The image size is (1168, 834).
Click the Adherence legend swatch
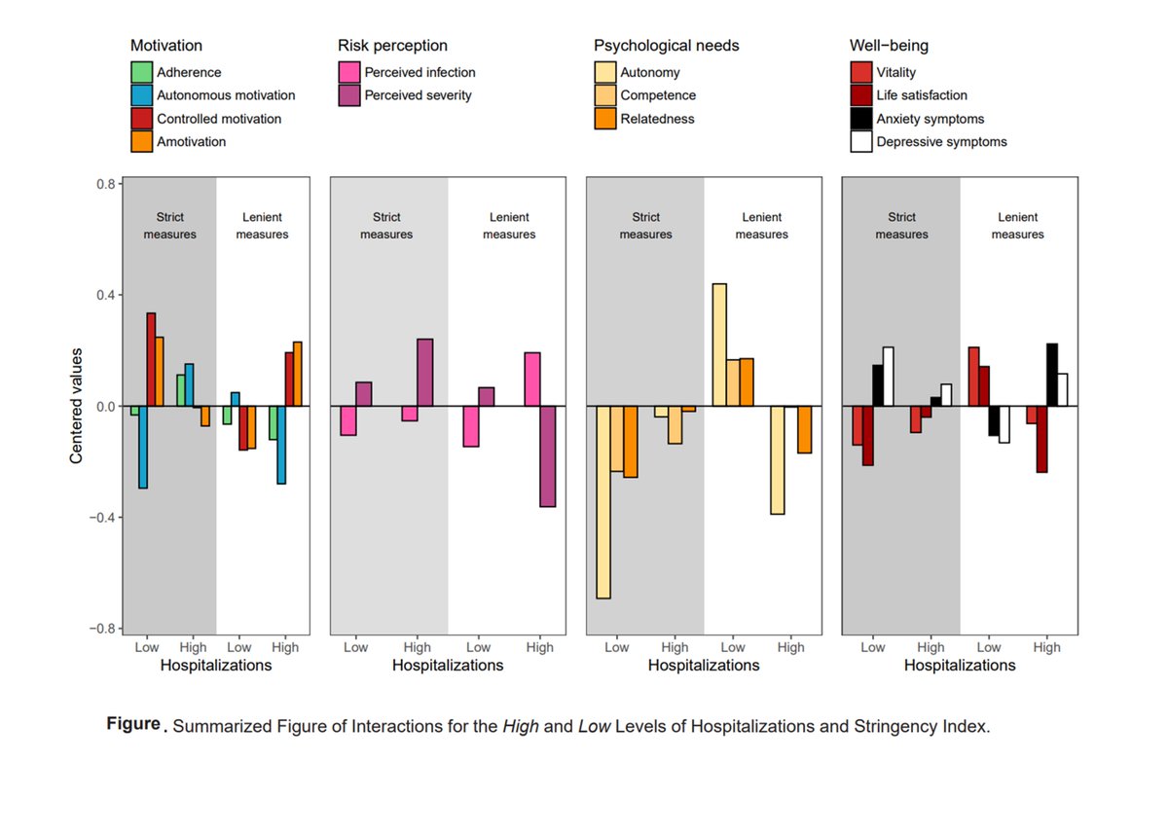point(142,72)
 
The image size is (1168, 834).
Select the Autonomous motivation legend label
point(226,95)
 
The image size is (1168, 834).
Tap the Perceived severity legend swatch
point(348,95)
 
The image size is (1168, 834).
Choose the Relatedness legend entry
point(659,119)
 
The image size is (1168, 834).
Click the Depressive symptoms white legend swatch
point(860,142)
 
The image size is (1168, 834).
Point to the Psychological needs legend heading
point(667,46)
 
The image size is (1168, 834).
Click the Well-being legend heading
point(889,46)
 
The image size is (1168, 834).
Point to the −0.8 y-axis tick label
point(99,629)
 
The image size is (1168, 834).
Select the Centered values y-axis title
point(76,406)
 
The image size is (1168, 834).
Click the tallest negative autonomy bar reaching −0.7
point(603,502)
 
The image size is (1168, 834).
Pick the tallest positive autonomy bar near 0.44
point(719,344)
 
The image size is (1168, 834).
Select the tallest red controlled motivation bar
point(151,359)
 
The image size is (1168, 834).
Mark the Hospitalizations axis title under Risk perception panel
point(448,666)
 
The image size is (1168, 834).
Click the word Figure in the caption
point(133,725)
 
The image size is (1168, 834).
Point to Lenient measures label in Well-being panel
point(1018,226)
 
